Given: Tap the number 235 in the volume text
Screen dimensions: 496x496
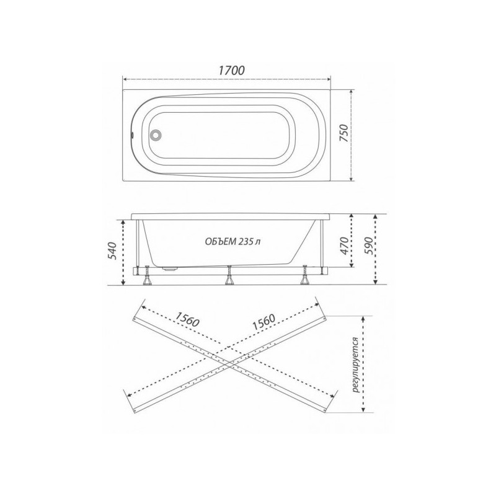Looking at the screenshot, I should pos(247,242).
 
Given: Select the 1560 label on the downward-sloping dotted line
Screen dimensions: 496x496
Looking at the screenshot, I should pos(186,321).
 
